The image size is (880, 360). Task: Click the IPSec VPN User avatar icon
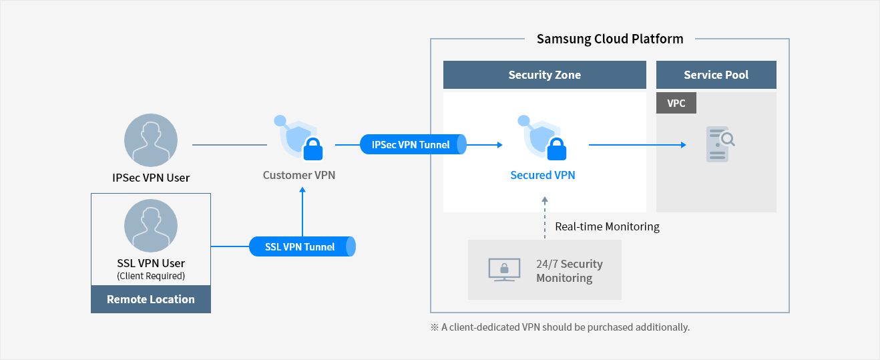coord(151,140)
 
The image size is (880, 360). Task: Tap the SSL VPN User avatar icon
coord(151,226)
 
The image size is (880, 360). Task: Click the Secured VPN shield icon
coord(542,138)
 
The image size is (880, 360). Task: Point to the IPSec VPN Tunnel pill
coord(413,144)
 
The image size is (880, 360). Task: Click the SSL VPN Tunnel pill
coord(302,246)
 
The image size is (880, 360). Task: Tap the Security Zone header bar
coord(544,75)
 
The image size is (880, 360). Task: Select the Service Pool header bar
coord(716,75)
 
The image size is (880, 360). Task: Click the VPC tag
coord(676,103)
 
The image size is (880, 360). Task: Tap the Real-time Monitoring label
coord(607,226)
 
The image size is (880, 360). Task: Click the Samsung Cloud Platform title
coord(610,39)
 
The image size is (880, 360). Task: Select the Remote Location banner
coord(151,299)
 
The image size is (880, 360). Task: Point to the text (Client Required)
coord(151,276)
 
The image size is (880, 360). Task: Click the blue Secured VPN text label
coord(542,176)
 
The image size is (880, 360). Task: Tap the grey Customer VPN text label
coord(298,176)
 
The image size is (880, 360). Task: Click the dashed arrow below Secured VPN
coord(545,217)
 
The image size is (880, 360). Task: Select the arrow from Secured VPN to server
coord(637,144)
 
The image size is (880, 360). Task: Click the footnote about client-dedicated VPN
coord(560,327)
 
